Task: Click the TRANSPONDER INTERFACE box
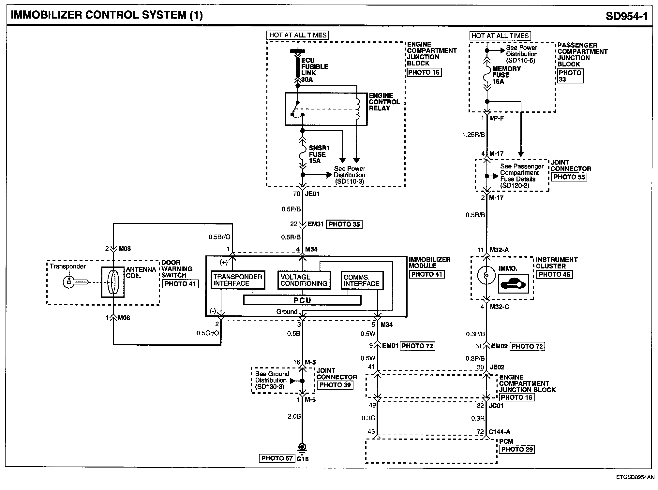pyautogui.click(x=237, y=280)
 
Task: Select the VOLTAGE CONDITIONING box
pyautogui.click(x=304, y=280)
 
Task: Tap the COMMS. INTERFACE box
pyautogui.click(x=362, y=280)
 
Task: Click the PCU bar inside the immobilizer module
pyautogui.click(x=302, y=300)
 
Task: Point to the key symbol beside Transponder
pyautogui.click(x=75, y=282)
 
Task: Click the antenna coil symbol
pyautogui.click(x=113, y=282)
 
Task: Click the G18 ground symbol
pyautogui.click(x=302, y=449)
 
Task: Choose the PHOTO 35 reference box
pyautogui.click(x=344, y=224)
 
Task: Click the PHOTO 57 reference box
pyautogui.click(x=277, y=458)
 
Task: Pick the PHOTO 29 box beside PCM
pyautogui.click(x=517, y=449)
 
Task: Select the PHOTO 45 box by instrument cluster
pyautogui.click(x=554, y=274)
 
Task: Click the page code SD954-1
pyautogui.click(x=627, y=16)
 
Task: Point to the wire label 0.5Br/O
pyautogui.click(x=219, y=237)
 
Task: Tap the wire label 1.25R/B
pyautogui.click(x=473, y=135)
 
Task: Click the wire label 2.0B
pyautogui.click(x=294, y=416)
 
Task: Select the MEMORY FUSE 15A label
pyautogui.click(x=506, y=75)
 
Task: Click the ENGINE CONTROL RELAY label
pyautogui.click(x=384, y=102)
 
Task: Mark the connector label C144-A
pyautogui.click(x=498, y=432)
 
